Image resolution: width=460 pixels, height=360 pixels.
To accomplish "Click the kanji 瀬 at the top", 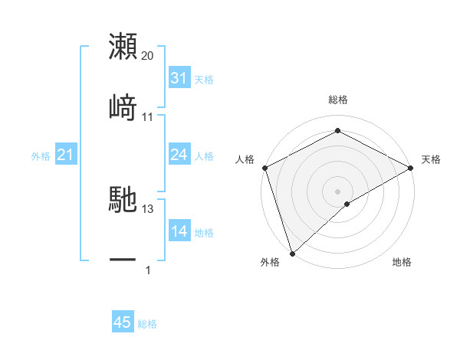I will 123,46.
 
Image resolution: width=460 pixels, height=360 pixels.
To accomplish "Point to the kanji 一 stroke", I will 123,260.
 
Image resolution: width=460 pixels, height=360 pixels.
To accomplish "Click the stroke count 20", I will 148,56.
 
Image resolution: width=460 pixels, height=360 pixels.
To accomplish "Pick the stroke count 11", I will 148,116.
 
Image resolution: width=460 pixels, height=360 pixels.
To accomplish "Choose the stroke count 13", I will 148,208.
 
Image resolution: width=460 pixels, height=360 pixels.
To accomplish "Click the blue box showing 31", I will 179,78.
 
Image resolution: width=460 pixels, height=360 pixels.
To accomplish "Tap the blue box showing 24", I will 179,155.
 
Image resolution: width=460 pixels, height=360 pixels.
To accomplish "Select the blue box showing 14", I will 179,232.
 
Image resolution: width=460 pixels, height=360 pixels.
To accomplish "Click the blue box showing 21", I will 65,155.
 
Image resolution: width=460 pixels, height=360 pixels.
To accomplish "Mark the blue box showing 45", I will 123,322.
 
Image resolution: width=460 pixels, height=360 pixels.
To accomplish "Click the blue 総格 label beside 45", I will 147,324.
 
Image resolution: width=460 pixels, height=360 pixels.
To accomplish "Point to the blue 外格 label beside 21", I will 41,156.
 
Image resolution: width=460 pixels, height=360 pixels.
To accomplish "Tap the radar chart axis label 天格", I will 431,159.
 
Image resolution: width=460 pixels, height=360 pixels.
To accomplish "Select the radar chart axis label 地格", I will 402,262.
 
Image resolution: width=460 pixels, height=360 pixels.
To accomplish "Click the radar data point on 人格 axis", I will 264,167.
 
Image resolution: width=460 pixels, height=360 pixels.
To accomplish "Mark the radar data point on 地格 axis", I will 347,204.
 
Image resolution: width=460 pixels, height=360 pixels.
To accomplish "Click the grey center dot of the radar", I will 337,191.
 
